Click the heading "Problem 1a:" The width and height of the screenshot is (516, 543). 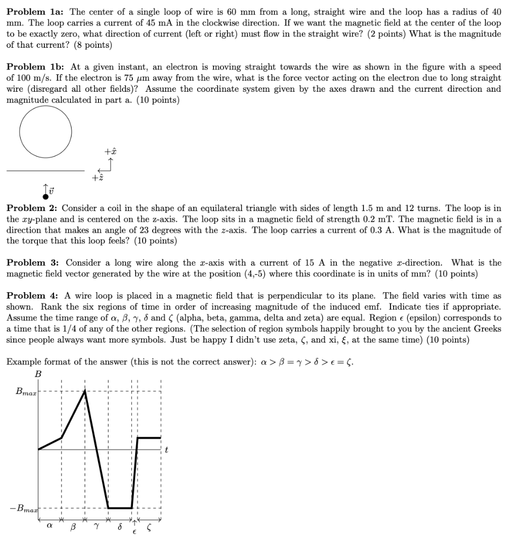click(35, 12)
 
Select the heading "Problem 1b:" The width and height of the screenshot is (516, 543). click(35, 67)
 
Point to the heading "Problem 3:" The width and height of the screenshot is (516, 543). click(32, 263)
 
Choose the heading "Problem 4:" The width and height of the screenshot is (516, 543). click(32, 296)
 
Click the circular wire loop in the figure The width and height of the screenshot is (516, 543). click(46, 132)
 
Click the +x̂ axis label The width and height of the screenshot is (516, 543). click(110, 151)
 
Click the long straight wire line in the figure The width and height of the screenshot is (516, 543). click(45, 171)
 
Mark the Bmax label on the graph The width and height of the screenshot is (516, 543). click(25, 393)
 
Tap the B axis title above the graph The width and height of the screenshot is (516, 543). click(38, 374)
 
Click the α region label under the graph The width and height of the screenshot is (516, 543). click(50, 527)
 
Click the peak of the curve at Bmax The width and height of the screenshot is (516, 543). click(85, 390)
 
